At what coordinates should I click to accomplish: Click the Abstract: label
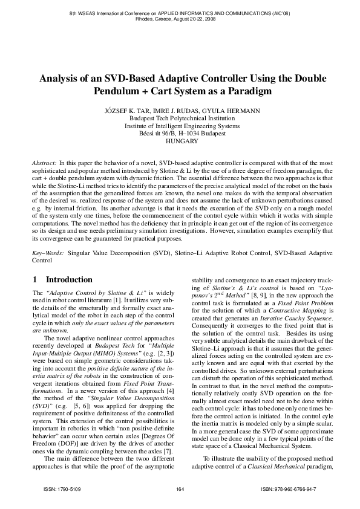(x=45, y=164)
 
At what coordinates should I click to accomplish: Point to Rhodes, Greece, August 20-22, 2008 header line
(x=180, y=19)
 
